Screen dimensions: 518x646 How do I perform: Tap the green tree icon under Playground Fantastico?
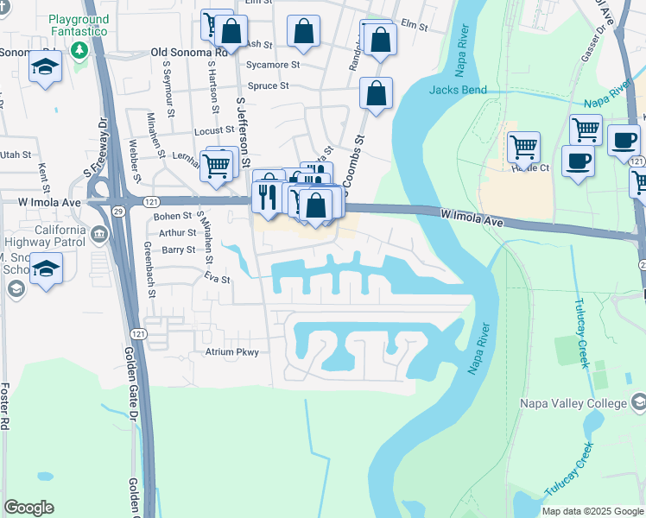point(80,49)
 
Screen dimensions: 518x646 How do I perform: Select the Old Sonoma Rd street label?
point(188,52)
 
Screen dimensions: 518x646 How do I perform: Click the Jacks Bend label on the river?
point(458,90)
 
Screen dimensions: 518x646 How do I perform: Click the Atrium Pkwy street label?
point(231,352)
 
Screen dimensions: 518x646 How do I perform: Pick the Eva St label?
point(217,280)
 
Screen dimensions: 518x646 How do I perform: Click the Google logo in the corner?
point(28,508)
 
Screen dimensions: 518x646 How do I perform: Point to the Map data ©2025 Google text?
point(592,511)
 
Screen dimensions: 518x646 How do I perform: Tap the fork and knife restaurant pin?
point(266,196)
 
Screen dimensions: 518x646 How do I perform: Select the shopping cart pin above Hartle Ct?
point(523,148)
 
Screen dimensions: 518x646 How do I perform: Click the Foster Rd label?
point(8,406)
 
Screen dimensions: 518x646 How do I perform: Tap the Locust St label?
point(214,130)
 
